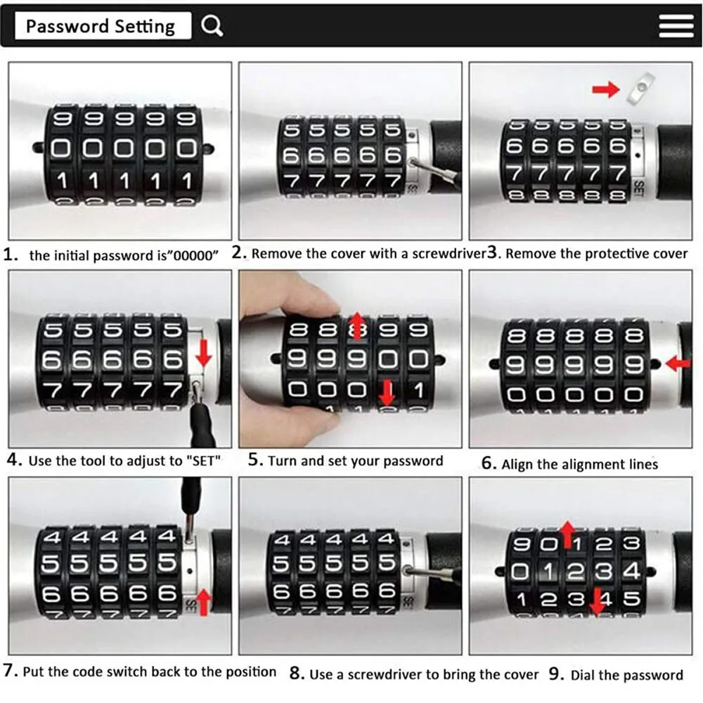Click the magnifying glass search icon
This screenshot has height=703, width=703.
point(212,25)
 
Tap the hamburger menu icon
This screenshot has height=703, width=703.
point(676,25)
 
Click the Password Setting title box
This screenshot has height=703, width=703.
point(103,25)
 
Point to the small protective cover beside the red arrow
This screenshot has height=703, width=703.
point(640,88)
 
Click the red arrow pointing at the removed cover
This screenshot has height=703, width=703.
point(606,89)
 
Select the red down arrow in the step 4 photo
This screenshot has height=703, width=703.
point(204,353)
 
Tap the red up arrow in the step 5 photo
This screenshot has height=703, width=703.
point(357,326)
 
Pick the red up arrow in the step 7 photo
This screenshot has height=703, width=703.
point(204,602)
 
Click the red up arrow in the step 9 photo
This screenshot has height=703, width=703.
point(568,534)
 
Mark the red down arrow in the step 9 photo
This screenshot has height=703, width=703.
point(597,601)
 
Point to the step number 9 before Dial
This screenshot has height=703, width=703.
point(556,673)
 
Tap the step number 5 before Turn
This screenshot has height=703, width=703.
point(256,459)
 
